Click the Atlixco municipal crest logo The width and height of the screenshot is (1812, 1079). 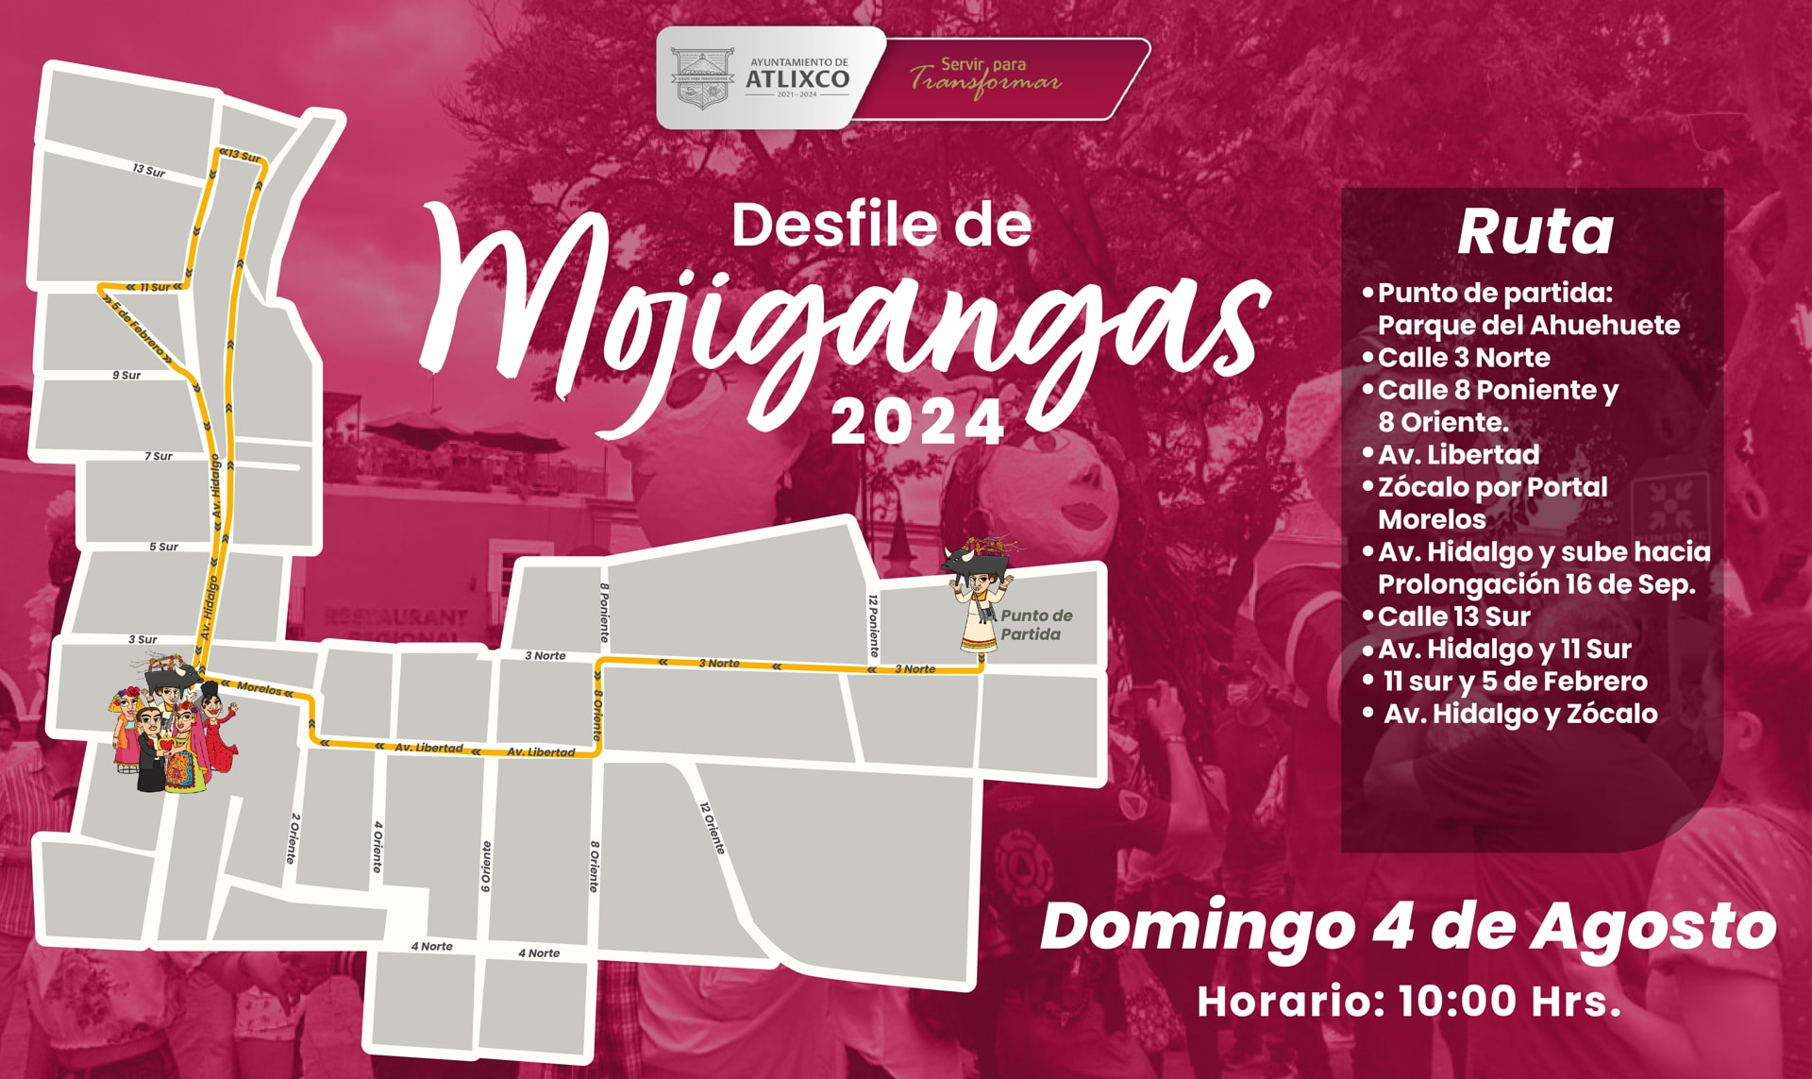pyautogui.click(x=702, y=78)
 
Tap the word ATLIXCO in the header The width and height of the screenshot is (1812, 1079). pyautogui.click(x=797, y=79)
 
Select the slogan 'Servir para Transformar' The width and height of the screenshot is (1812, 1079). pyautogui.click(x=985, y=76)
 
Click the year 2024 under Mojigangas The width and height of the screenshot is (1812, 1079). pyautogui.click(x=917, y=423)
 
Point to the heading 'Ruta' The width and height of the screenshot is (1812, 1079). pyautogui.click(x=1535, y=231)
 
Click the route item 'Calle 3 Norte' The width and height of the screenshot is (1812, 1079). pyautogui.click(x=1463, y=358)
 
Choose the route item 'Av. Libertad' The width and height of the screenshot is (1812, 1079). pyautogui.click(x=1458, y=455)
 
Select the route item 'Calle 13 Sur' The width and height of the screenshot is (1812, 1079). pyautogui.click(x=1453, y=616)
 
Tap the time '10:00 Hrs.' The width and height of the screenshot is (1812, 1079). pyautogui.click(x=1509, y=1001)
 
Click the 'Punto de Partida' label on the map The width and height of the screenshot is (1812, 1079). pyautogui.click(x=1034, y=625)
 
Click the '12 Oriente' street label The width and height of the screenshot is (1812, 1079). pyautogui.click(x=713, y=828)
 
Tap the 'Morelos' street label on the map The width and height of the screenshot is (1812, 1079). pyautogui.click(x=259, y=688)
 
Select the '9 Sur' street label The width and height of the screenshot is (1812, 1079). pyautogui.click(x=126, y=375)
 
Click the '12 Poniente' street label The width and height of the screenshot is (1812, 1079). pyautogui.click(x=873, y=626)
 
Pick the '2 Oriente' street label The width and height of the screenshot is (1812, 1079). pyautogui.click(x=294, y=837)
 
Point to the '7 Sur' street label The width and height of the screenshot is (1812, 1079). pyautogui.click(x=159, y=456)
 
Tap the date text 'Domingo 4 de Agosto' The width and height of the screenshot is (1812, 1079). pyautogui.click(x=1407, y=927)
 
